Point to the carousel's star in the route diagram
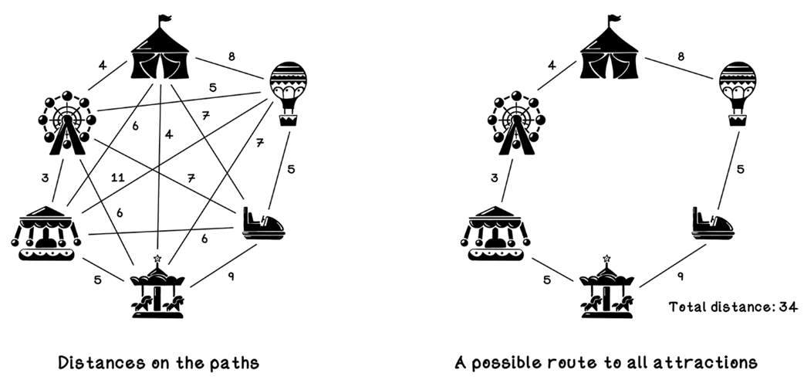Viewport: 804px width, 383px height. (x=606, y=257)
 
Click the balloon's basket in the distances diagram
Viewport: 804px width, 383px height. (x=289, y=120)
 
